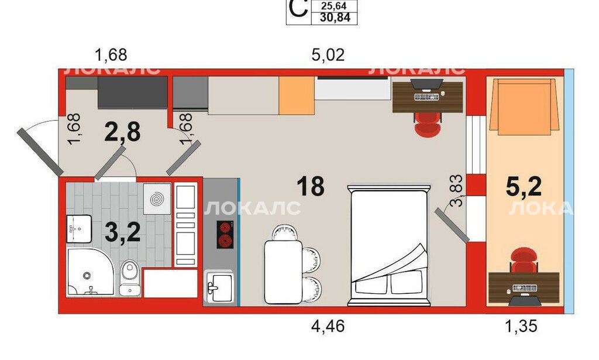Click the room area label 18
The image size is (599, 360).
pyautogui.click(x=311, y=186)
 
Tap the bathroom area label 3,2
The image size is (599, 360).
pyautogui.click(x=123, y=232)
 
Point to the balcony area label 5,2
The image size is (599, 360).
pyautogui.click(x=524, y=187)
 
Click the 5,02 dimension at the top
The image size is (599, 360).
pyautogui.click(x=328, y=55)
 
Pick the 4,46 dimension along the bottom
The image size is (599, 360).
pyautogui.click(x=328, y=327)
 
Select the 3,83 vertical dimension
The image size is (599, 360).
pyautogui.click(x=456, y=191)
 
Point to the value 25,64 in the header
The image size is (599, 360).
pyautogui.click(x=334, y=6)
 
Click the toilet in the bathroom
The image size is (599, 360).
pyautogui.click(x=130, y=278)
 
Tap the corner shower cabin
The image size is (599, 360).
pyautogui.click(x=91, y=272)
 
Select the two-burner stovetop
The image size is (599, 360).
pyautogui.click(x=225, y=235)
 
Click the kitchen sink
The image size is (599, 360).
pyautogui.click(x=219, y=287)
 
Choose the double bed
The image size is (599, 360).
pyautogui.click(x=389, y=245)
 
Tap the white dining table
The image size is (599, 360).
pyautogui.click(x=283, y=272)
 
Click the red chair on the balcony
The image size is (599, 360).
pyautogui.click(x=524, y=260)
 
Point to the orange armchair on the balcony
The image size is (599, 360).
pyautogui.click(x=524, y=106)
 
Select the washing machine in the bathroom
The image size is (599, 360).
pyautogui.click(x=157, y=198)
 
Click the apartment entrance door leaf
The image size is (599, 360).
pyautogui.click(x=40, y=152)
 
